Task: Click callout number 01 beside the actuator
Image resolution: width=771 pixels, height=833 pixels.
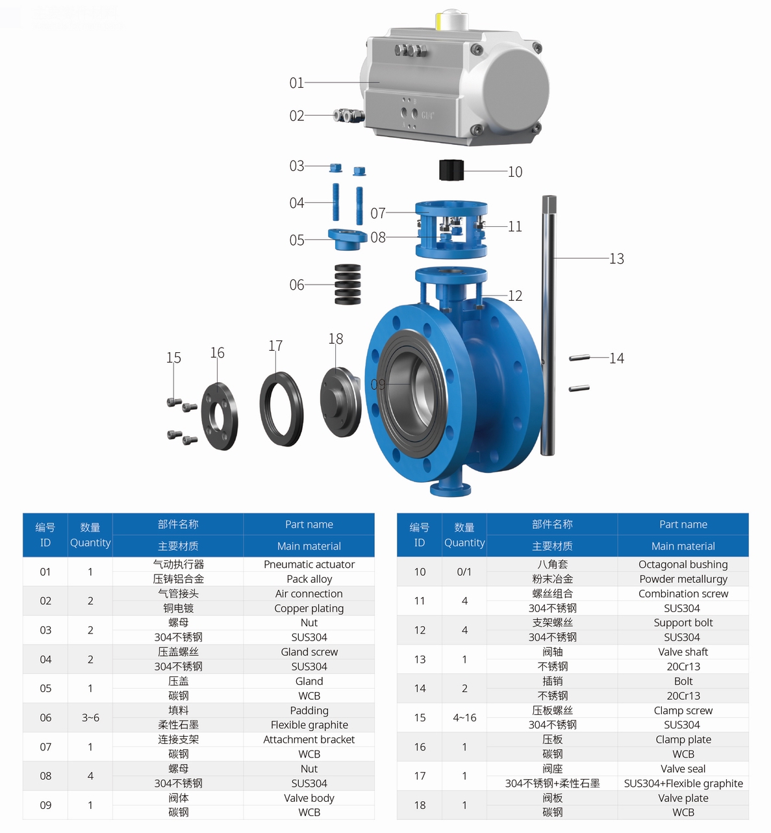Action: coord(297,83)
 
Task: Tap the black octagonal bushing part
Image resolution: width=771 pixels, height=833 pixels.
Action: coord(451,170)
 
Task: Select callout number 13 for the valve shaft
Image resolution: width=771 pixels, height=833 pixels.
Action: coord(616,259)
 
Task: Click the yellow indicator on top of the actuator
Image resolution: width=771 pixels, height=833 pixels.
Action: coord(438,21)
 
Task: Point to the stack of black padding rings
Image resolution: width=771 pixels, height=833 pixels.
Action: coord(348,284)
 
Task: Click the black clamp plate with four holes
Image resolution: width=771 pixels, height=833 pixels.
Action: coord(220,416)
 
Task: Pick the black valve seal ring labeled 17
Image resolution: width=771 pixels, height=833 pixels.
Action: coord(281,409)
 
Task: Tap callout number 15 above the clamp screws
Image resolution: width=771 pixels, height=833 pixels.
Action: coord(173,357)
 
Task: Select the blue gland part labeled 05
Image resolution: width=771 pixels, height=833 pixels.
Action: coord(347,238)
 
